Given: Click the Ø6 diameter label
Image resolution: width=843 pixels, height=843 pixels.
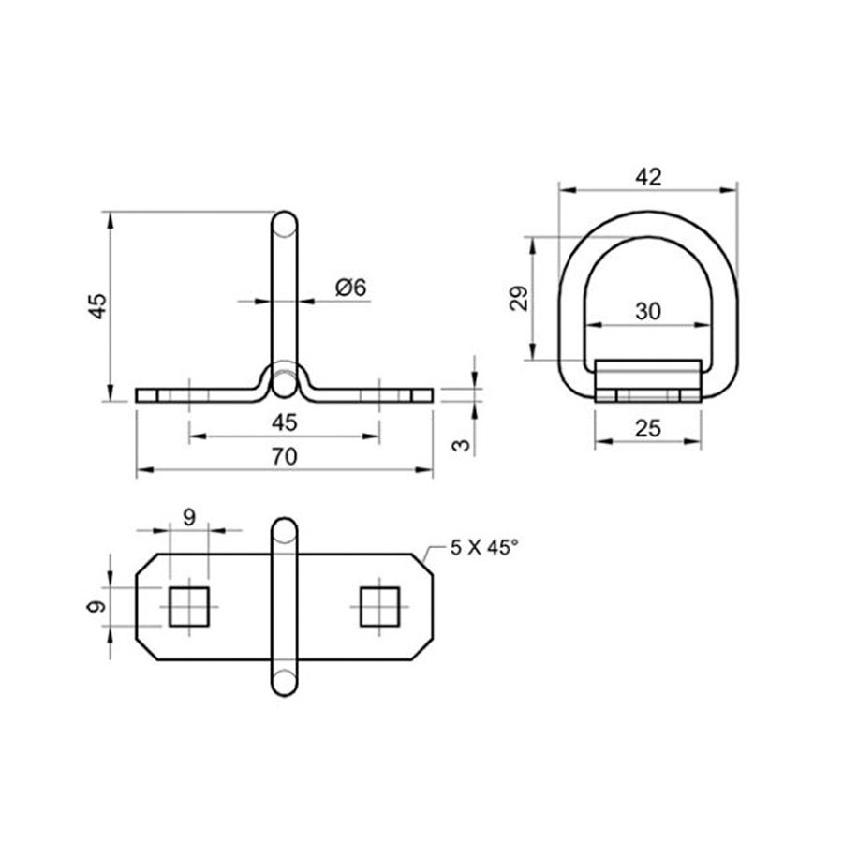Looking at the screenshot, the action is click(x=350, y=288).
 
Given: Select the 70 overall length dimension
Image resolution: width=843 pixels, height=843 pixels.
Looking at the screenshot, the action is click(x=284, y=456).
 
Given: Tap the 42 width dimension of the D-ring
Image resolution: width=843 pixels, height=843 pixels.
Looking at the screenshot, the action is click(x=648, y=177).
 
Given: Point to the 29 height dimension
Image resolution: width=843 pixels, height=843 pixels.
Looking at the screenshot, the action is click(x=519, y=299).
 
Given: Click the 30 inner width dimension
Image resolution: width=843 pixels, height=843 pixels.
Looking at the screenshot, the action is click(x=648, y=311).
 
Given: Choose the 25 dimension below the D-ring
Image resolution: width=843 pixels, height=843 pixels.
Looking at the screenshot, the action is click(x=648, y=428).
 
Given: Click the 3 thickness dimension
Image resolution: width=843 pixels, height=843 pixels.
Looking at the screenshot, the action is click(x=461, y=445).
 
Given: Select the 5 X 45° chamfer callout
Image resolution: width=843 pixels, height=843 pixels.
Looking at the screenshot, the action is click(x=484, y=548).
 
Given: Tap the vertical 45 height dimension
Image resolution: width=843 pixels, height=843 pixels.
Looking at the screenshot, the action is click(x=98, y=306).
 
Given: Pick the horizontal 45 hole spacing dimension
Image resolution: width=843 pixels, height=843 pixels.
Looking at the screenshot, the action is click(x=284, y=422).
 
